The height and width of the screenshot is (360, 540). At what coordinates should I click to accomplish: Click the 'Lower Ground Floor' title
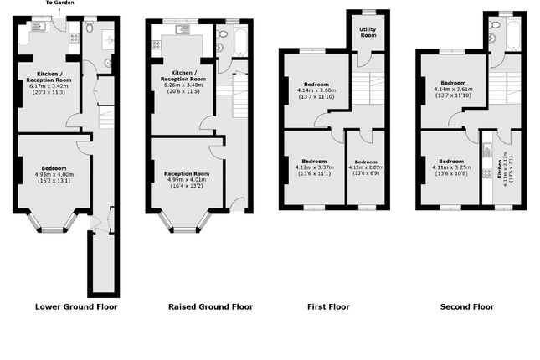pyautogui.click(x=76, y=307)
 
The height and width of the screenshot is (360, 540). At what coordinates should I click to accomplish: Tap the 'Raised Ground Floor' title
pyautogui.click(x=210, y=307)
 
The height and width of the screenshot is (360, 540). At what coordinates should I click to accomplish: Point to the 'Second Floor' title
pyautogui.click(x=467, y=307)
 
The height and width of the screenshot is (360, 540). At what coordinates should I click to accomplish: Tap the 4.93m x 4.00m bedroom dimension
pyautogui.click(x=54, y=174)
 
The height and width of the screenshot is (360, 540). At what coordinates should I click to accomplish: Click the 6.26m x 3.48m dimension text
pyautogui.click(x=182, y=84)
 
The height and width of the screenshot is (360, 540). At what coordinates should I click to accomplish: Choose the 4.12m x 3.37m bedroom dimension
pyautogui.click(x=314, y=167)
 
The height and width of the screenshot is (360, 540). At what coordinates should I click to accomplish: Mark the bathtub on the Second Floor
pyautogui.click(x=511, y=36)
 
